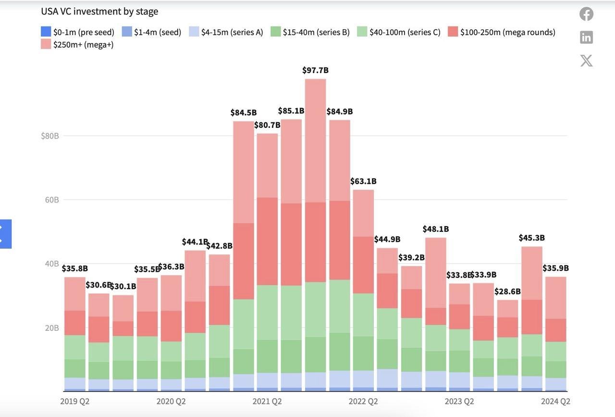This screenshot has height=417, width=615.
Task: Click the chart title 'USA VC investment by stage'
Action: pyautogui.click(x=99, y=11)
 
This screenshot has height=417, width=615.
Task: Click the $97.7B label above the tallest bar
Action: pyautogui.click(x=315, y=70)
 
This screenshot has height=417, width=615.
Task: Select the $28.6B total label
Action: pyautogui.click(x=507, y=291)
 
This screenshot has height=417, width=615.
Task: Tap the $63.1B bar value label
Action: pyautogui.click(x=363, y=181)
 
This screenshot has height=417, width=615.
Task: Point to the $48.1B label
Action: pyautogui.click(x=436, y=229)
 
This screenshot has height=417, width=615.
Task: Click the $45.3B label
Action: pyautogui.click(x=531, y=238)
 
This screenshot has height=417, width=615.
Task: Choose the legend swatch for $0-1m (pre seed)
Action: pyautogui.click(x=46, y=32)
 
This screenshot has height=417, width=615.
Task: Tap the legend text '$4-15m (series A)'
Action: pyautogui.click(x=232, y=32)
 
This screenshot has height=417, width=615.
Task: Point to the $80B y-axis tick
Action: pyautogui.click(x=50, y=136)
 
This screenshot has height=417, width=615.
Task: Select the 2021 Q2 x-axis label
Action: pyautogui.click(x=267, y=401)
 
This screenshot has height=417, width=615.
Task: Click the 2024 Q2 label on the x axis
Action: pyautogui.click(x=555, y=401)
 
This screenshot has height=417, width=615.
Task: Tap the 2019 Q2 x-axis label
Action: pyautogui.click(x=75, y=401)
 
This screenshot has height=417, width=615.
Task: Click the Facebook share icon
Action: pyautogui.click(x=586, y=14)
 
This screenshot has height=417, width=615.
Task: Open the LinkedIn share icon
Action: pyautogui.click(x=586, y=37)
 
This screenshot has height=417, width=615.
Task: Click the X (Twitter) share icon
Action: pyautogui.click(x=586, y=61)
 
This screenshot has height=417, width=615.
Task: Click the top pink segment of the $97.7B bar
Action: pyautogui.click(x=315, y=139)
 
